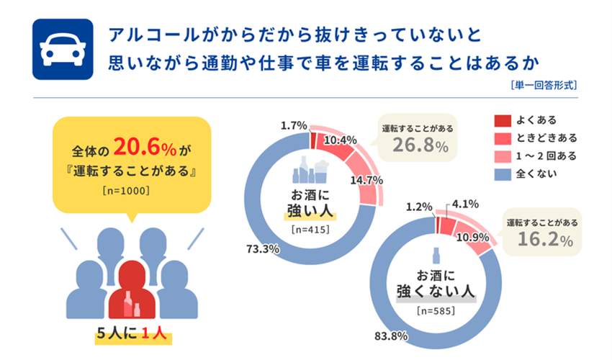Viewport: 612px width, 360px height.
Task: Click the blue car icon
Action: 63,49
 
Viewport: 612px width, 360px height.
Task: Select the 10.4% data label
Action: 340,139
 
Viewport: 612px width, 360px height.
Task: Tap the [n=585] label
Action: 438,311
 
